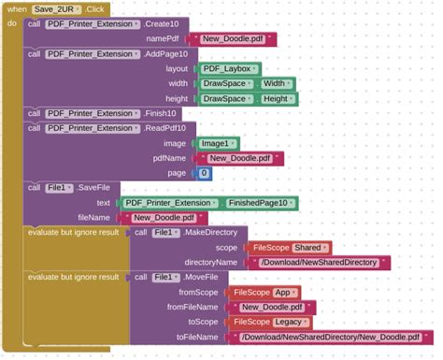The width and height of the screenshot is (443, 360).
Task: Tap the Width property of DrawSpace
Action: click(x=277, y=83)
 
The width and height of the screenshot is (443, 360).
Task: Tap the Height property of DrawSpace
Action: click(x=279, y=98)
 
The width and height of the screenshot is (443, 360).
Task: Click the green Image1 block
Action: click(x=218, y=143)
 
